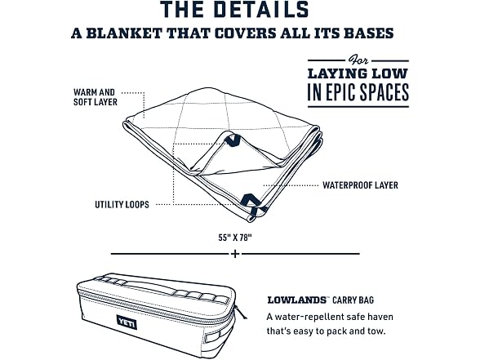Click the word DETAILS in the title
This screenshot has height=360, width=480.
(261, 9)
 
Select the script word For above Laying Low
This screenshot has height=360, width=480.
(358, 60)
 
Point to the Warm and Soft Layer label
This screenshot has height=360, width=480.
(96, 97)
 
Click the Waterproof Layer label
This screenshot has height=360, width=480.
(360, 185)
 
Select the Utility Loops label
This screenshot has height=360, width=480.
(122, 204)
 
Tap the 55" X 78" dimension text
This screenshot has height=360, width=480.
(235, 238)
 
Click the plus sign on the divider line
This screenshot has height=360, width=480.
(235, 254)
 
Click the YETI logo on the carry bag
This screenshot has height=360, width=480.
(127, 322)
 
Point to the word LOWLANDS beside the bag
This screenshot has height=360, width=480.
(296, 300)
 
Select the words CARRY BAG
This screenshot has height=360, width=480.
(353, 300)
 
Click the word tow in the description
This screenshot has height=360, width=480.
(376, 331)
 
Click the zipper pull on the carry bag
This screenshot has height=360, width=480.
(240, 312)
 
